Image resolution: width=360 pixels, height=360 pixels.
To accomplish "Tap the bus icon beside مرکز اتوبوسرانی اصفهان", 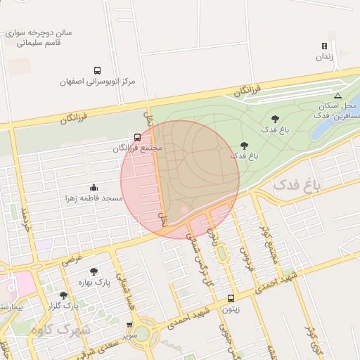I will coord(96,70).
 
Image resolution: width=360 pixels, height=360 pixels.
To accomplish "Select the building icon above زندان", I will coord(324,46).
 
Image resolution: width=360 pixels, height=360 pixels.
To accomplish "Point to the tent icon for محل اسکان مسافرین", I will coord(337,96).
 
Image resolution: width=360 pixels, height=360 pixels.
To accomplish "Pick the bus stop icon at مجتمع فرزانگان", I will coord(136,138).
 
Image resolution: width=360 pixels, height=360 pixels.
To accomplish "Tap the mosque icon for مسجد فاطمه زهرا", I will coord(94,188).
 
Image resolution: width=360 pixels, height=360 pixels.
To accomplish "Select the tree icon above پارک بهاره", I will coord(94,271).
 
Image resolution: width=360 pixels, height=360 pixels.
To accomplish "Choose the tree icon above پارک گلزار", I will coord(64,295).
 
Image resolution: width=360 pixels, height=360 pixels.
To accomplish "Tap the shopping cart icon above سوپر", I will coord(129,325).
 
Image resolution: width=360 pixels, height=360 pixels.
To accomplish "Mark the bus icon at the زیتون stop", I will coord(231,298).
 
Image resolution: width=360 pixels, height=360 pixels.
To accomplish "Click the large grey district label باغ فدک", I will coord(296,185).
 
